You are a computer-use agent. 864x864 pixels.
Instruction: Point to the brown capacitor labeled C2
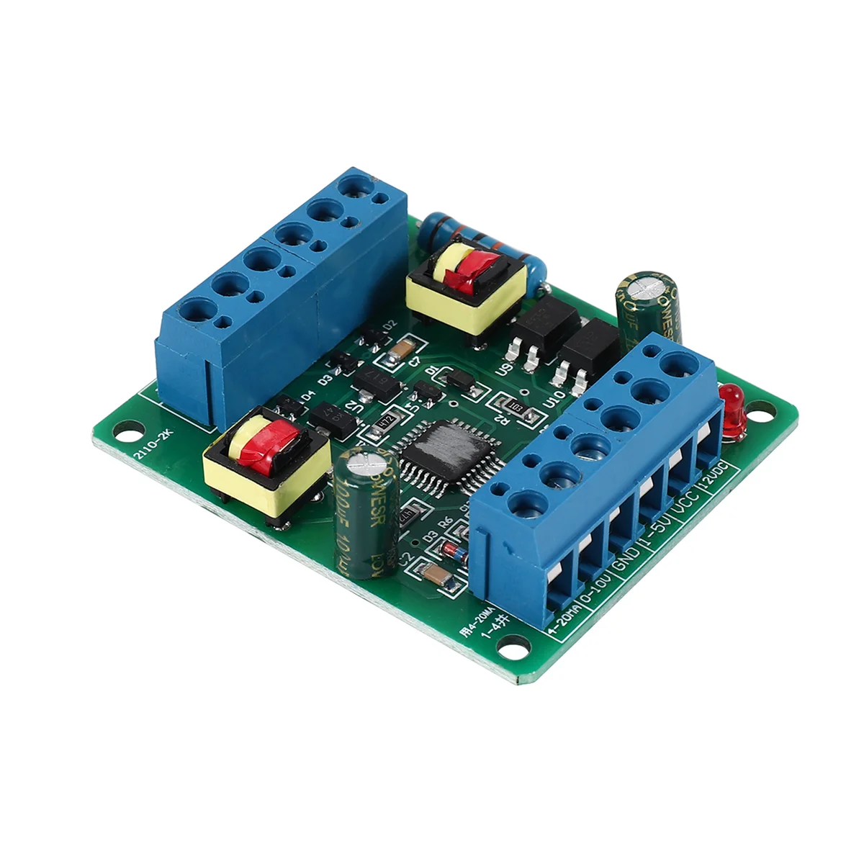(435, 574)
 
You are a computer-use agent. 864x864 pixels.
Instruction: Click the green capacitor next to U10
(646, 302)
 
